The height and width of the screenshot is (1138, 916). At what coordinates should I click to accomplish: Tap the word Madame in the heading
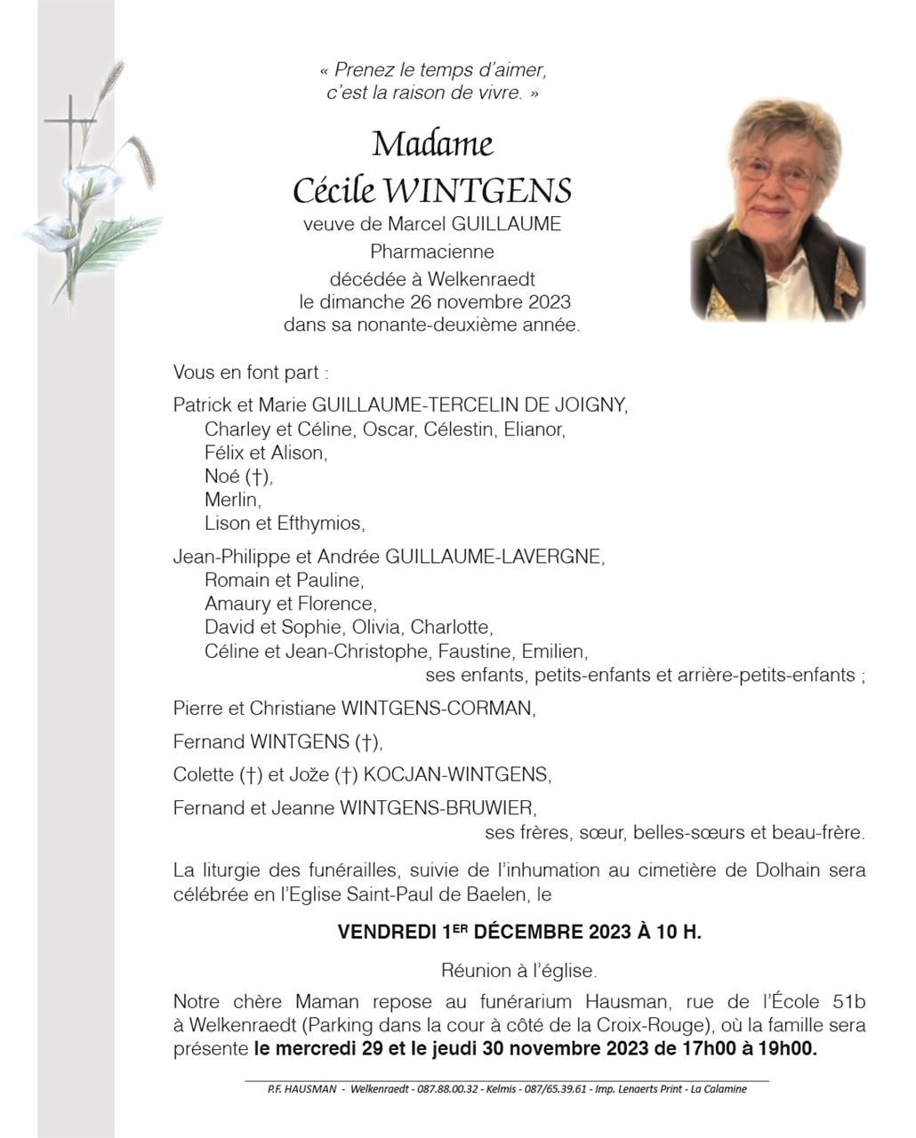click(432, 143)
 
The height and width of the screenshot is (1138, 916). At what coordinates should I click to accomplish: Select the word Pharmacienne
click(432, 252)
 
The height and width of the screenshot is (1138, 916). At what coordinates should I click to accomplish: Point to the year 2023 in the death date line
click(550, 302)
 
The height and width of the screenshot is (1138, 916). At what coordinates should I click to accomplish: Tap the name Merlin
click(232, 500)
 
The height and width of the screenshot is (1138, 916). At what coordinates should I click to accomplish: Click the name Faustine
click(474, 651)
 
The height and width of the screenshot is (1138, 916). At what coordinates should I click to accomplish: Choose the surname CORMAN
click(494, 709)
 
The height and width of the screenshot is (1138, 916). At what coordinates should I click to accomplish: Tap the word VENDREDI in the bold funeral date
click(388, 933)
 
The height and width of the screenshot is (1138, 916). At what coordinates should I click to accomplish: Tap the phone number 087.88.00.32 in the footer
click(448, 1089)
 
